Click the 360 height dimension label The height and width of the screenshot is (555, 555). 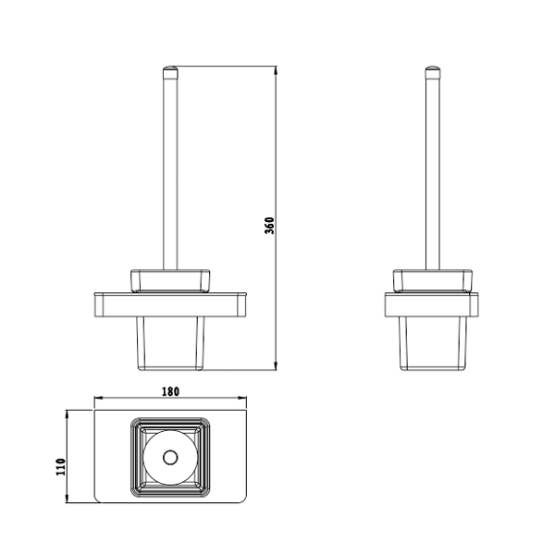point(269,226)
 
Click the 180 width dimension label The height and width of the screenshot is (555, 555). point(170,392)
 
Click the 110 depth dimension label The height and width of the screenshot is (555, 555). point(61,467)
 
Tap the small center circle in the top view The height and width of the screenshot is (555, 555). point(170,457)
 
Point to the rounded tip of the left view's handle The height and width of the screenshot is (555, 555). point(170,68)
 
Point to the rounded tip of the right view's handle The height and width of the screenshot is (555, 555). point(433,68)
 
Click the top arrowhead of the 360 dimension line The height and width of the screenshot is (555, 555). point(276,70)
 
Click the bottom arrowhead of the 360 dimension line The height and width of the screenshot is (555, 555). point(276,366)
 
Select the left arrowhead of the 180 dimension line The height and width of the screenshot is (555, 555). point(98,398)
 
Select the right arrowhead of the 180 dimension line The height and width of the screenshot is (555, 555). point(242,398)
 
